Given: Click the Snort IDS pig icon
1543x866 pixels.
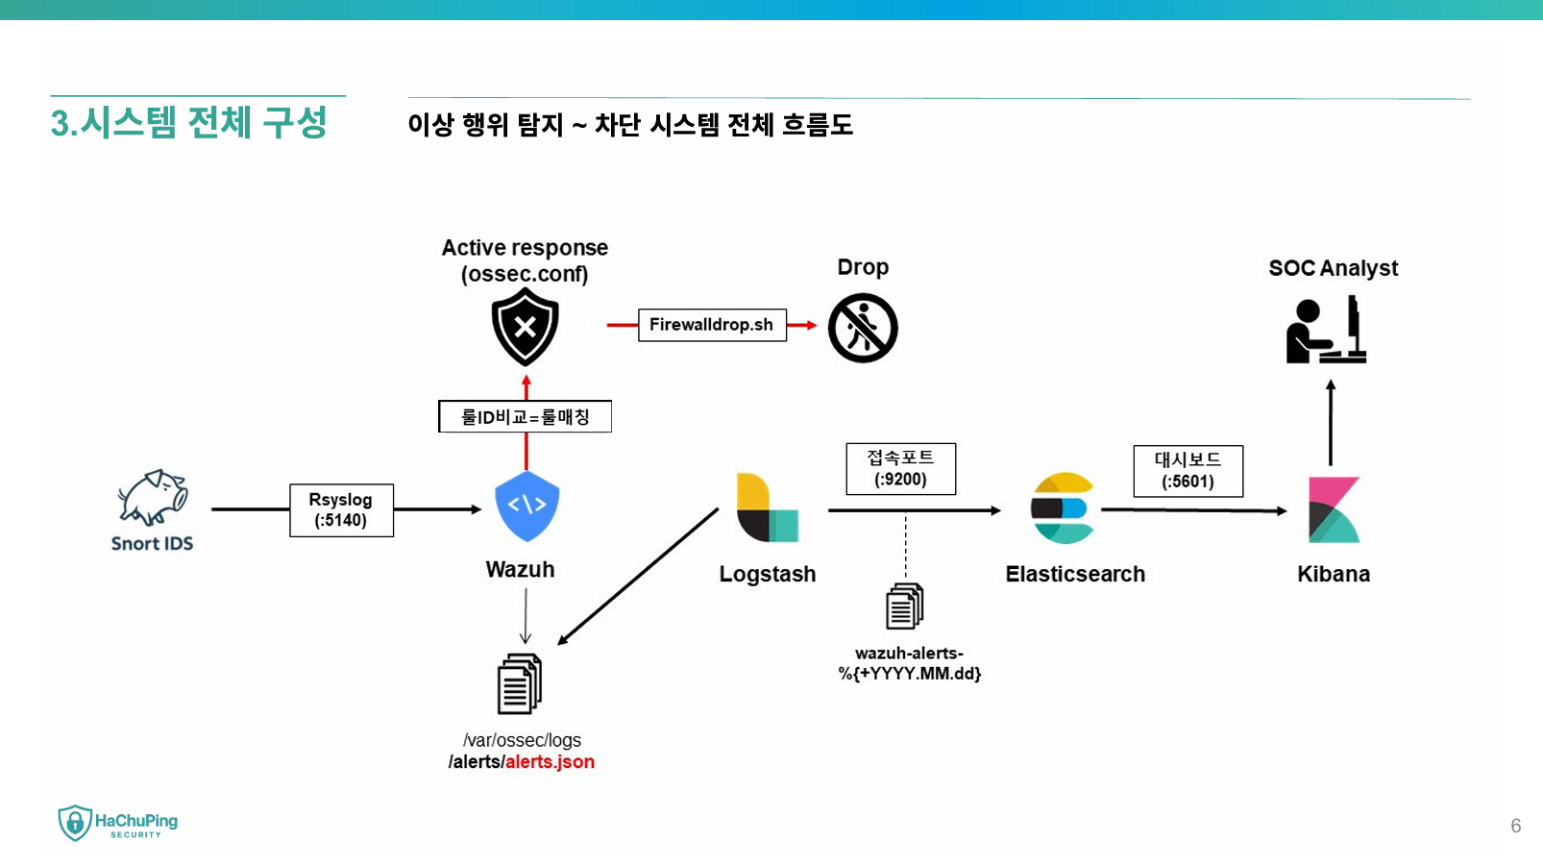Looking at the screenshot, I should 153,497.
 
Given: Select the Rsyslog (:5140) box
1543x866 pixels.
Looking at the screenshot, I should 341,510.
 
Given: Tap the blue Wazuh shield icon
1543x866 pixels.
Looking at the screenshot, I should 527,506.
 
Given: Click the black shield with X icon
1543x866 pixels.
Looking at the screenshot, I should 525,328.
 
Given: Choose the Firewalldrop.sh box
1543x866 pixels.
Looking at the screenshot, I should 712,325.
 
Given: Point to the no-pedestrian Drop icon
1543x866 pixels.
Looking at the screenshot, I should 863,329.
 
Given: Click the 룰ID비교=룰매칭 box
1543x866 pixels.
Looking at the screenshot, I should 525,417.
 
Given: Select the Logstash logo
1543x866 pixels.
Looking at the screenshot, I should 767,507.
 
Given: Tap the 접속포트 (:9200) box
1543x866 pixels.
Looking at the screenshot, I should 900,469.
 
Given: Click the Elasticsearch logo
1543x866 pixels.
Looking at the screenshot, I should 1063,508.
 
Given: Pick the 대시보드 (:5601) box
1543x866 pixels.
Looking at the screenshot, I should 1188,471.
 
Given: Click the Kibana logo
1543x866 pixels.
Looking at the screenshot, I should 1334,509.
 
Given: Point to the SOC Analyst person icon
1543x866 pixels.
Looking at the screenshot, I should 1326,331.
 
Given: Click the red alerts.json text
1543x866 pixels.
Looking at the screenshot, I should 550,762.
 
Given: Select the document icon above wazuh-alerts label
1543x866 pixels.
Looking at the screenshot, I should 904,606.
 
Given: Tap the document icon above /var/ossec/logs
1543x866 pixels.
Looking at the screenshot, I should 519,684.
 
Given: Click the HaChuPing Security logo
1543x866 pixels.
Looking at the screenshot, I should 118,824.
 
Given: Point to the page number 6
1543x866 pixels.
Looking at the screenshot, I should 1515,826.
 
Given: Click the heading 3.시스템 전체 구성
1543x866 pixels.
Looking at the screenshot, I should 189,123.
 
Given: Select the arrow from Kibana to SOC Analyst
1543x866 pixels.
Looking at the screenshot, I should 1331,423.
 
